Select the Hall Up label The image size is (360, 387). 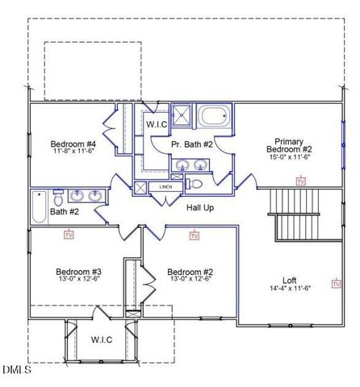[x=200, y=207]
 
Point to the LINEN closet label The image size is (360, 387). [x=165, y=187]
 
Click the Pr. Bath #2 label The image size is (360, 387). [x=192, y=144]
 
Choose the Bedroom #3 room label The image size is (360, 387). [x=78, y=271]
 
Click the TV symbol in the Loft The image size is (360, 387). [x=336, y=283]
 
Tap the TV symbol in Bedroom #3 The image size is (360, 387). [x=69, y=235]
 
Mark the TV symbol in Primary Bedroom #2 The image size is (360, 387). [x=301, y=182]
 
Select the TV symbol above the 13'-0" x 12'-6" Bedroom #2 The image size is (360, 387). [x=195, y=235]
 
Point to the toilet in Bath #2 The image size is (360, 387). [x=58, y=197]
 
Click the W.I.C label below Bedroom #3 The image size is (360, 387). [x=101, y=339]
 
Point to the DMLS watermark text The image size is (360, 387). [x=16, y=370]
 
